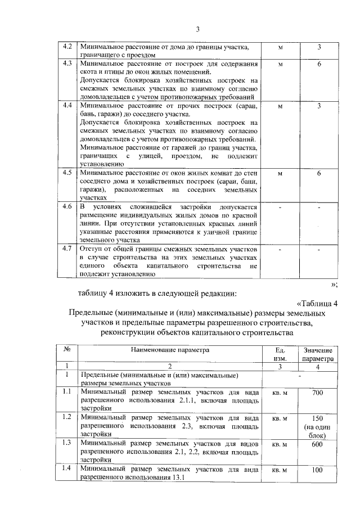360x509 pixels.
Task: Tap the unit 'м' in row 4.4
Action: click(x=280, y=106)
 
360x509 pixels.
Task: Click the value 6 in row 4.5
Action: click(x=319, y=174)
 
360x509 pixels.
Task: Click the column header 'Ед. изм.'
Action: click(x=280, y=354)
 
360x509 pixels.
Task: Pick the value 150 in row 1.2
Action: click(x=318, y=419)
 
